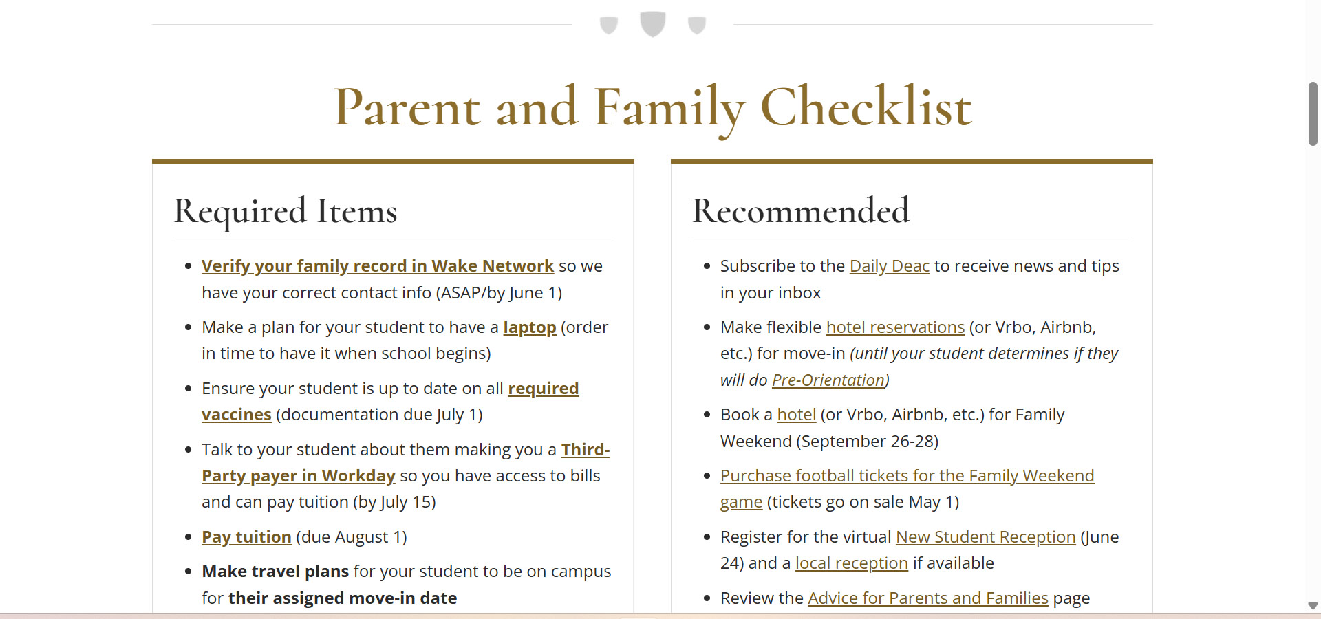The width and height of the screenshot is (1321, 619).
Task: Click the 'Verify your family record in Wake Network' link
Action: point(377,266)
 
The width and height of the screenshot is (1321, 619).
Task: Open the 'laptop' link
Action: point(529,327)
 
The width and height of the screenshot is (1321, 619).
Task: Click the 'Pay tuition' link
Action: point(246,537)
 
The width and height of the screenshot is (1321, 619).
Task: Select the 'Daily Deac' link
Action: point(889,266)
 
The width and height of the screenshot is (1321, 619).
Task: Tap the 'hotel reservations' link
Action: point(895,327)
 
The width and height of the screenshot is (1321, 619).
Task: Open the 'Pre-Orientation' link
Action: point(828,380)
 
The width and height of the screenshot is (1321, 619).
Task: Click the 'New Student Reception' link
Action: point(985,537)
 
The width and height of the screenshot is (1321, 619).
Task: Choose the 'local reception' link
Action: point(851,563)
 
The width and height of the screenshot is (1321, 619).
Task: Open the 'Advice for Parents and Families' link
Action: point(927,598)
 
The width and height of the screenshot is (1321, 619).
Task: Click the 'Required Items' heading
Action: point(286,211)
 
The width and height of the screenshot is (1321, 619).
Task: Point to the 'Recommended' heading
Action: point(800,211)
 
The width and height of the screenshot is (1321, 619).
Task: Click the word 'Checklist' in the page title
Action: point(866,108)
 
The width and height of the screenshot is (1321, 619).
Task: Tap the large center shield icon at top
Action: point(652,23)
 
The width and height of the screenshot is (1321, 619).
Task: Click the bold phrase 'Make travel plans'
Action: point(275,572)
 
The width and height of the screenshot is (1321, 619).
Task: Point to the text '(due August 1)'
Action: point(351,537)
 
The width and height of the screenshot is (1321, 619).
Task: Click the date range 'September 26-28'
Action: point(867,442)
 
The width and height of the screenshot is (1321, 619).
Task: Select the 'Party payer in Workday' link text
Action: point(298,476)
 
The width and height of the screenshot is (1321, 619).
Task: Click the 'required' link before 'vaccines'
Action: point(543,389)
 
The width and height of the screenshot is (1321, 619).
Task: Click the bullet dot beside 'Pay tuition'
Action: point(188,537)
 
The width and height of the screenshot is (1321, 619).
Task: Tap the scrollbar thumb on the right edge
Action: point(1313,113)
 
